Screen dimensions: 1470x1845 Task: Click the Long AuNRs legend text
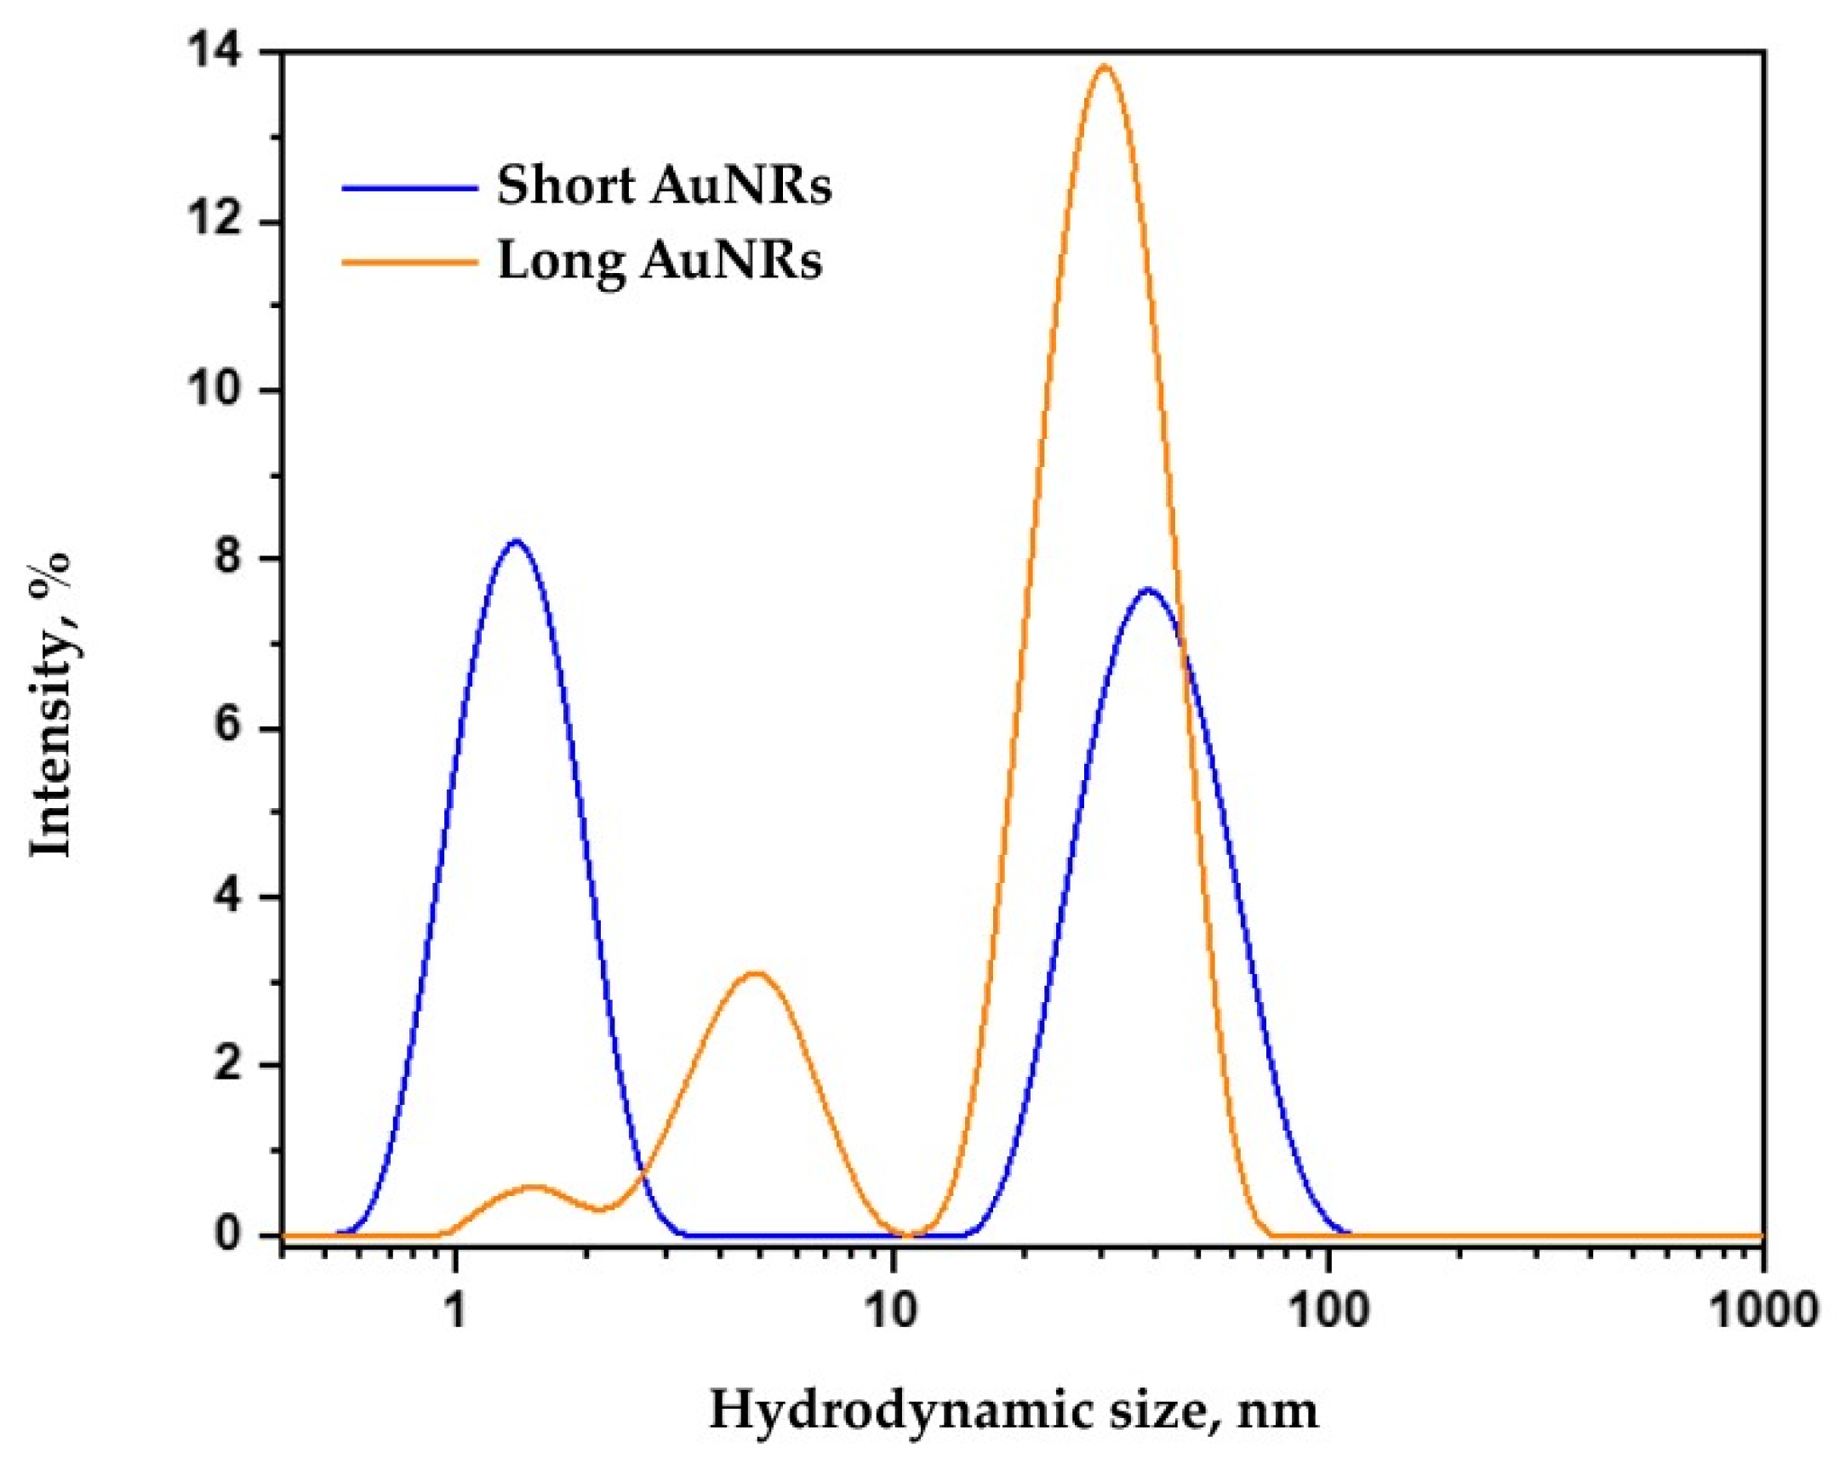coord(660,260)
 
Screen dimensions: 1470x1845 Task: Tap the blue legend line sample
coord(409,186)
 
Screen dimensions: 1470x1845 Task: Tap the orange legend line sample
coord(409,262)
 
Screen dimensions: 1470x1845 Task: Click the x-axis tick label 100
coord(1328,1311)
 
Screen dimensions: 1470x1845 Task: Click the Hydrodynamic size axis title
coord(1014,1411)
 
